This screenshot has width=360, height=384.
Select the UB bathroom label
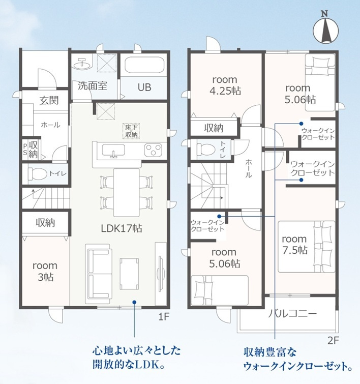click(144, 87)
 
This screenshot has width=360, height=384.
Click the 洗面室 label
click(92, 86)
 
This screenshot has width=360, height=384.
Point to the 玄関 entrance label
click(49, 100)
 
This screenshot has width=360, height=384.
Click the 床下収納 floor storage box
click(131, 131)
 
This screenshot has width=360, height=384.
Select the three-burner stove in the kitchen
click(153, 150)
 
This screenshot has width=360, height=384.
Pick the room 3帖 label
click(45, 271)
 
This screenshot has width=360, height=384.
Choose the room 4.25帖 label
click(224, 85)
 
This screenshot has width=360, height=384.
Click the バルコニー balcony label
click(292, 313)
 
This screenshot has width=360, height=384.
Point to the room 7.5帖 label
click(294, 244)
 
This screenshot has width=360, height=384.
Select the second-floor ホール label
click(248, 167)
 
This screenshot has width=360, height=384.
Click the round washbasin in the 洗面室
click(81, 64)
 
